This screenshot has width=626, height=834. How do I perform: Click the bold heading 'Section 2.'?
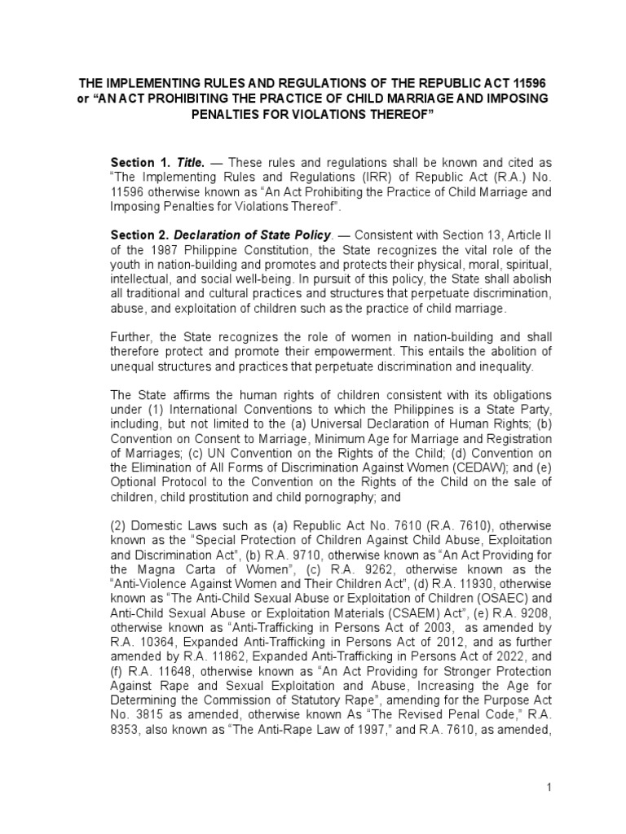point(138,235)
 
